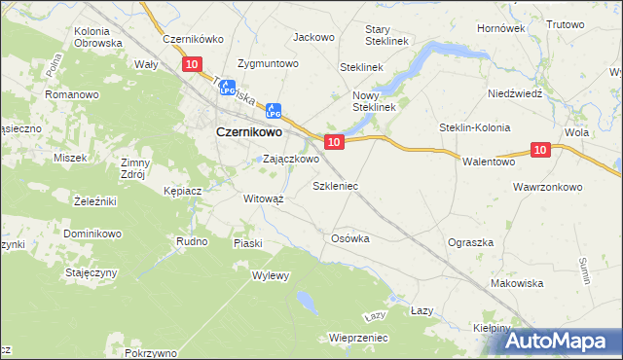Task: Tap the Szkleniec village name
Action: coord(335,184)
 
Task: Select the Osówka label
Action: coord(350,237)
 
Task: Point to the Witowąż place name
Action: coord(263,198)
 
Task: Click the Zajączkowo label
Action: coord(291,159)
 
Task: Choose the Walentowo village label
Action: coord(488,162)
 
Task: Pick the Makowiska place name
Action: coord(517,283)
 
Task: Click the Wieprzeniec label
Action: coord(359,338)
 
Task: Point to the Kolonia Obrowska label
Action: coord(97,37)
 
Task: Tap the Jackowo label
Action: coord(313,37)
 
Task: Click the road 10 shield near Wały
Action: coord(191,64)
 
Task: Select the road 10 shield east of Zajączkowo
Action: coord(334,142)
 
